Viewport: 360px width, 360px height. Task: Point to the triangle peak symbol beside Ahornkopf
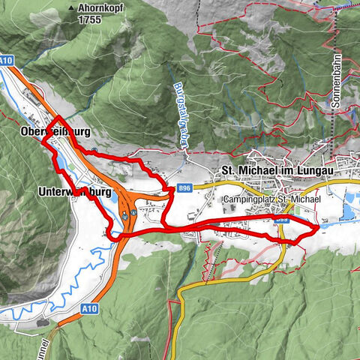coord(71,9)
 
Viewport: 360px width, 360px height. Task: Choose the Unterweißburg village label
coord(74,192)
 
